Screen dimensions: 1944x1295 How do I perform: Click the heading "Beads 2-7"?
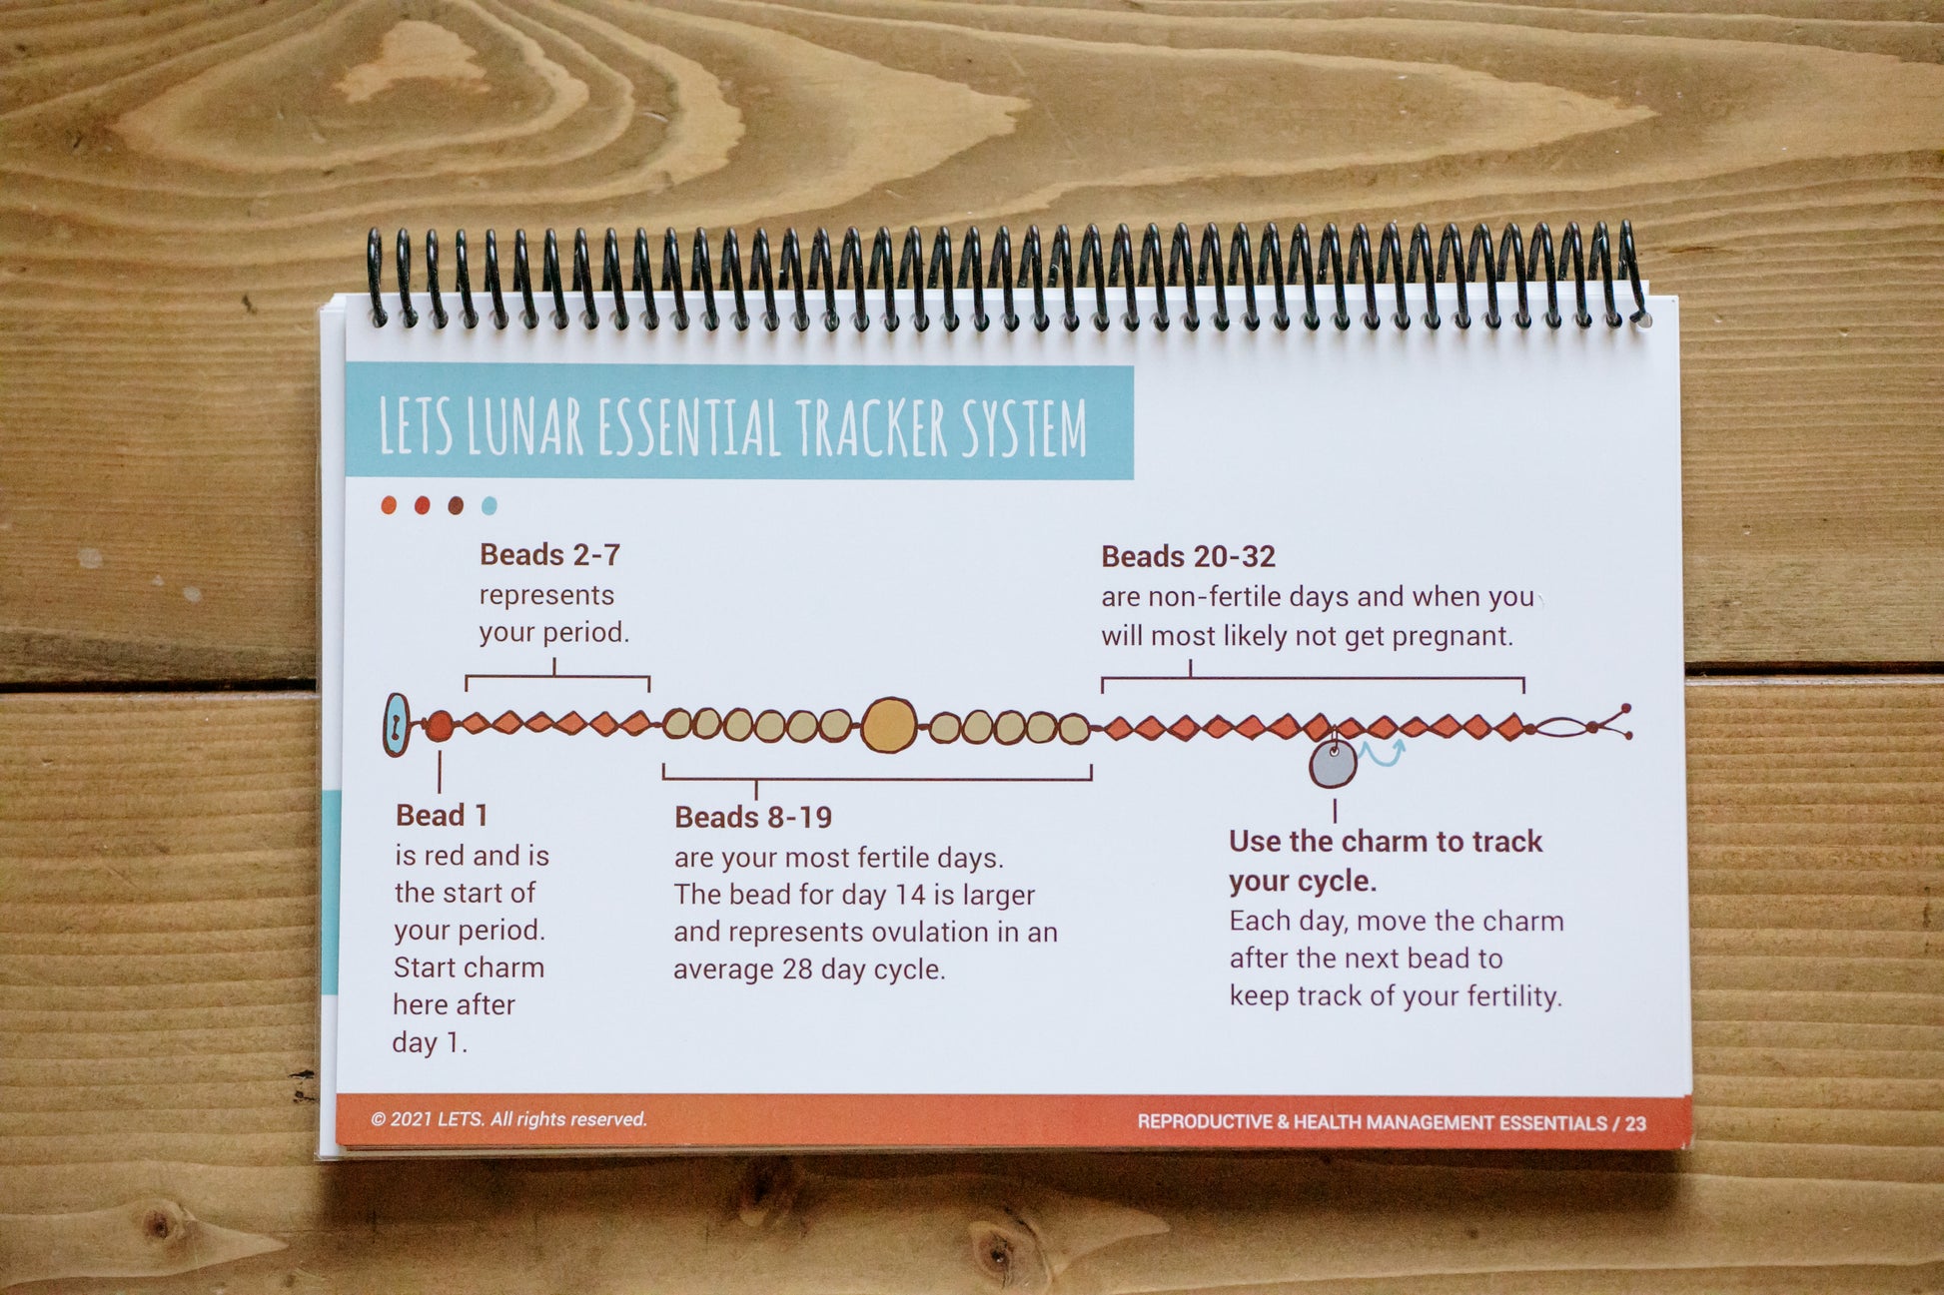click(549, 554)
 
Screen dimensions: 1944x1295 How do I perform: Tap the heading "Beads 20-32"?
click(1188, 556)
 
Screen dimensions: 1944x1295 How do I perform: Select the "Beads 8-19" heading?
click(753, 817)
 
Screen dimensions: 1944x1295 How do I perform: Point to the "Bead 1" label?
click(442, 815)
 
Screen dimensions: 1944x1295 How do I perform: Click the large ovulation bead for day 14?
click(888, 725)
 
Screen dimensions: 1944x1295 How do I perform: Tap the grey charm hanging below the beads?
click(1333, 764)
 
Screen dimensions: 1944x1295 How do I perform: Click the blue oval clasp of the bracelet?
click(397, 724)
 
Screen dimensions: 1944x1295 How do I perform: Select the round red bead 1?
click(439, 726)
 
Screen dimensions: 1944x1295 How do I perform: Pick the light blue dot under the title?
click(488, 505)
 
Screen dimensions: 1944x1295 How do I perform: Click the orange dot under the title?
click(389, 505)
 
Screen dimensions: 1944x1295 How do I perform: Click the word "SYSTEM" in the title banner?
click(1024, 427)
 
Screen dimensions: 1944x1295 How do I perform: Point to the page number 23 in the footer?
click(1635, 1123)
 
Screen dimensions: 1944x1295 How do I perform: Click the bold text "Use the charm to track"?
click(1386, 842)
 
